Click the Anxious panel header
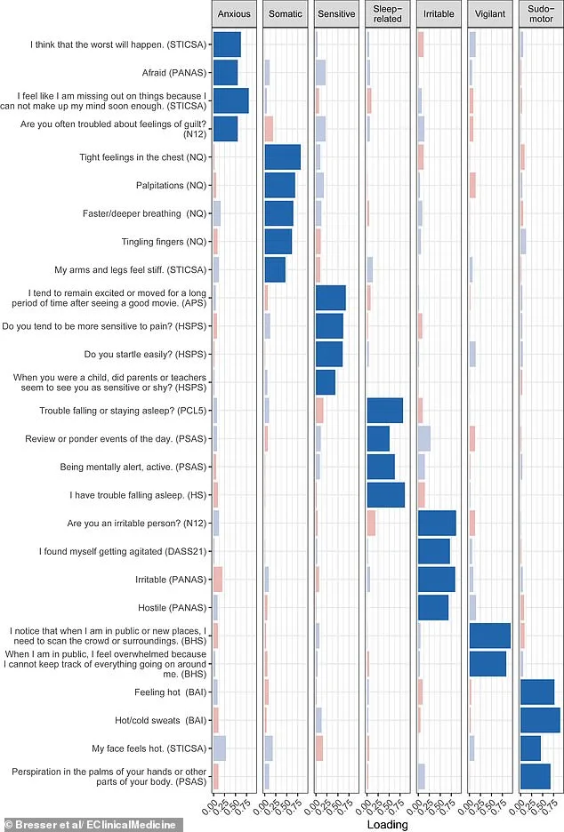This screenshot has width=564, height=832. tap(235, 14)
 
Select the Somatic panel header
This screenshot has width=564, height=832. tap(286, 14)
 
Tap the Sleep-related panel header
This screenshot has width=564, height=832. tap(389, 14)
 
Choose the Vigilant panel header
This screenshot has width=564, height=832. tap(490, 14)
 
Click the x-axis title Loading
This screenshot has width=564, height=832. tap(387, 824)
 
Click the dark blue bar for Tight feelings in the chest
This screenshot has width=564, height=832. tap(283, 157)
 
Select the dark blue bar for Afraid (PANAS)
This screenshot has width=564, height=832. tap(226, 72)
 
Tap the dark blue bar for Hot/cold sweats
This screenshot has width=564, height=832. tap(540, 720)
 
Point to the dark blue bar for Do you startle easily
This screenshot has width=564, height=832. tap(329, 354)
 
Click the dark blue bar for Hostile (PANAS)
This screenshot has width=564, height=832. tap(433, 607)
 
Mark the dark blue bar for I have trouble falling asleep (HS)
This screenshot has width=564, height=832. tap(385, 494)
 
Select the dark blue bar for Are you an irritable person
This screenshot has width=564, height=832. tap(437, 523)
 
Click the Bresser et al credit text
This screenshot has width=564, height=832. tap(92, 824)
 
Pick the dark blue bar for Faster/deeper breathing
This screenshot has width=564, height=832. tap(279, 213)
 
